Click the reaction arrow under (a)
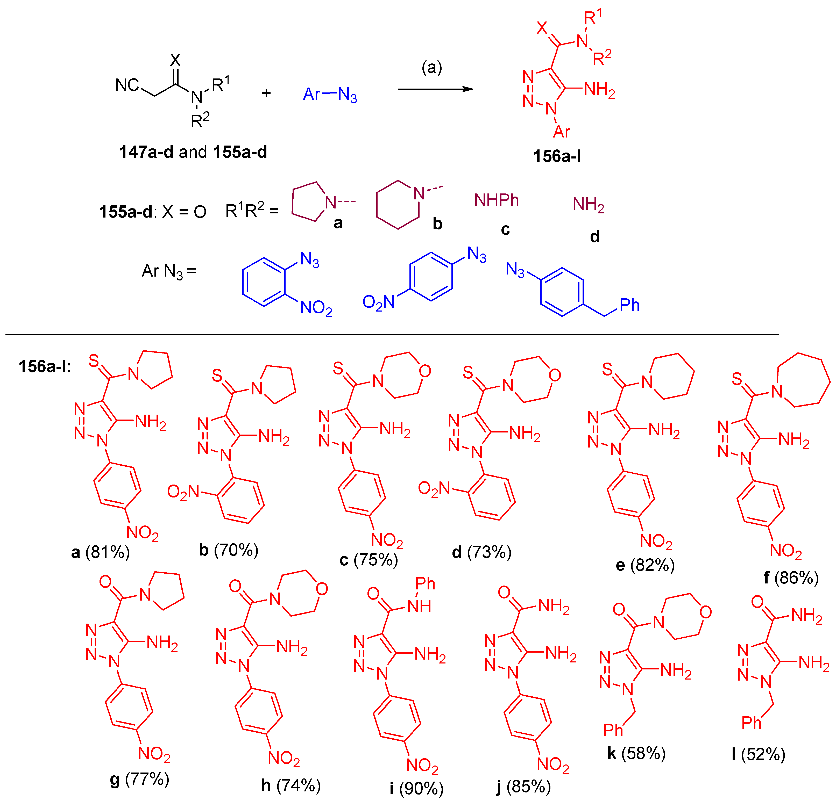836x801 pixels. [x=435, y=89]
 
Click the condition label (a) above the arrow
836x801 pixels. [x=432, y=67]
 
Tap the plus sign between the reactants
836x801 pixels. [x=266, y=93]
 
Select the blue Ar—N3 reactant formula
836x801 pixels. [x=330, y=94]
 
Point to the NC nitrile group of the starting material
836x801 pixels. [x=127, y=85]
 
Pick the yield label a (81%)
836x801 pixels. [x=100, y=552]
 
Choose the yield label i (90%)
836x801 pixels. [x=417, y=788]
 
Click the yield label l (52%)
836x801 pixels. [x=758, y=754]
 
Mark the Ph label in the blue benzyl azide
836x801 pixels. [x=629, y=305]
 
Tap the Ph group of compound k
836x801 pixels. [x=613, y=731]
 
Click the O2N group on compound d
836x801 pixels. [x=434, y=488]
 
